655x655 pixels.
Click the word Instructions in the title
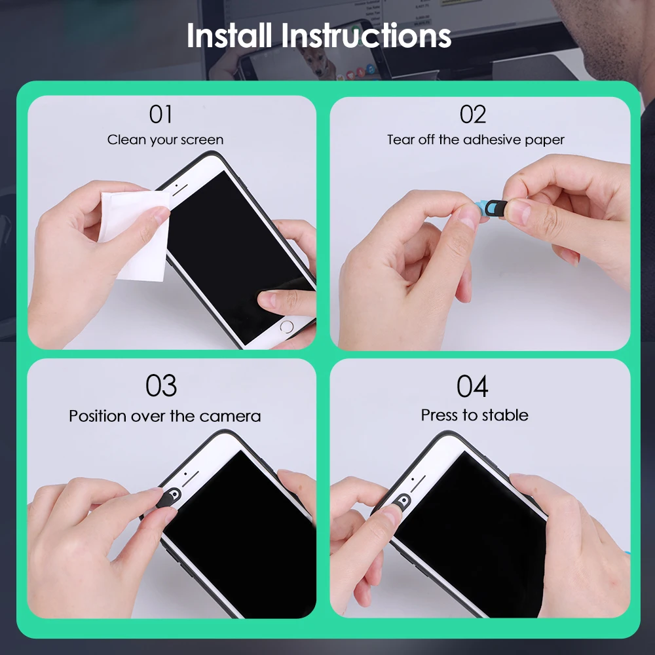pyautogui.click(x=367, y=35)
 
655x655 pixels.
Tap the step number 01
pyautogui.click(x=160, y=114)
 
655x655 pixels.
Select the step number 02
pyautogui.click(x=472, y=114)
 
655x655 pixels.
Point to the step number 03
pyautogui.click(x=161, y=386)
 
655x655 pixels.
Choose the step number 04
pyautogui.click(x=472, y=386)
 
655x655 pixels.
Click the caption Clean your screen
pyautogui.click(x=165, y=140)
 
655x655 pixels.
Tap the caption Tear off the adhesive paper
pyautogui.click(x=476, y=140)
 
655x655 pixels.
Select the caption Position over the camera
pyautogui.click(x=164, y=416)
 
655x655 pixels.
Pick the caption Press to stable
pyautogui.click(x=474, y=415)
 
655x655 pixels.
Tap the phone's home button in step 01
pyautogui.click(x=286, y=326)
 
